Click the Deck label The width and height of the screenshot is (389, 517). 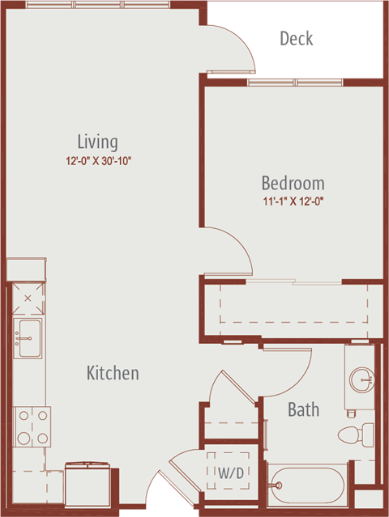(x=297, y=38)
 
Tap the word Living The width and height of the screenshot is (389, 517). (x=97, y=142)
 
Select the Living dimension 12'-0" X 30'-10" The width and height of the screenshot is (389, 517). (x=98, y=161)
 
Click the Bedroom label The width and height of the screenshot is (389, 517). (x=293, y=183)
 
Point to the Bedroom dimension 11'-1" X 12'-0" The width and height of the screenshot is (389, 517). (x=293, y=201)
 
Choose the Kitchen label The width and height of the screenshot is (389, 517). (x=113, y=373)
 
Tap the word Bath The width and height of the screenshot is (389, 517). (x=303, y=409)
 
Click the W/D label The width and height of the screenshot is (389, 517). (x=231, y=473)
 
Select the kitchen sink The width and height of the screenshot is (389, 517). (x=28, y=338)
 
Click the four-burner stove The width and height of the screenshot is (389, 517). (x=32, y=426)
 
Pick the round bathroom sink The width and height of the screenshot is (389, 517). (x=361, y=380)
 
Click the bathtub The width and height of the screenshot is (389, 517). (x=307, y=485)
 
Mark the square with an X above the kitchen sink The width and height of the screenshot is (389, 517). (x=28, y=299)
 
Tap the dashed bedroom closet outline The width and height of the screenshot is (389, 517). (x=293, y=303)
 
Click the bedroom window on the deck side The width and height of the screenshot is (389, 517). (x=295, y=82)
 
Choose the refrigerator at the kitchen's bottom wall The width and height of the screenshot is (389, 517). (x=88, y=484)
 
